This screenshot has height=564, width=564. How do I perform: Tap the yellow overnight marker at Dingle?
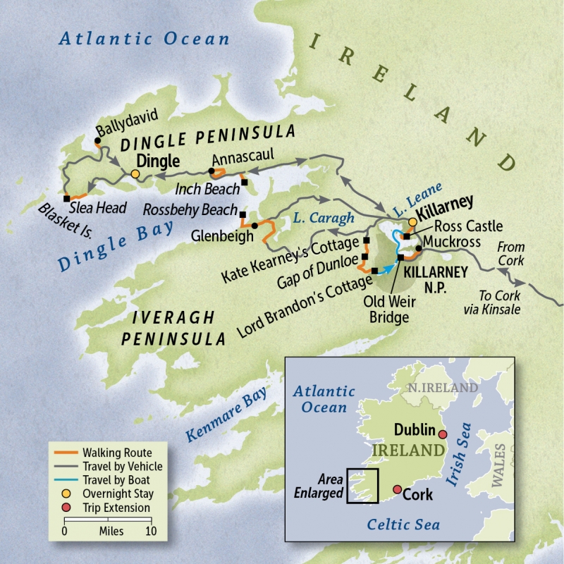[x=135, y=173]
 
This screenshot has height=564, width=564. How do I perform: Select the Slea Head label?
[x=98, y=208]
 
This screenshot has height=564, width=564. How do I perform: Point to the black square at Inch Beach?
[x=245, y=183]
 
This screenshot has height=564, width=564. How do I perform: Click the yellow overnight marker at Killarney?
[x=412, y=222]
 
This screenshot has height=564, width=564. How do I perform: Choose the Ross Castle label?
[x=469, y=226]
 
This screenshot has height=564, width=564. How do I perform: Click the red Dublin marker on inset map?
[x=443, y=434]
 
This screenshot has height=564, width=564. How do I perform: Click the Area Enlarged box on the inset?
[x=362, y=486]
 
